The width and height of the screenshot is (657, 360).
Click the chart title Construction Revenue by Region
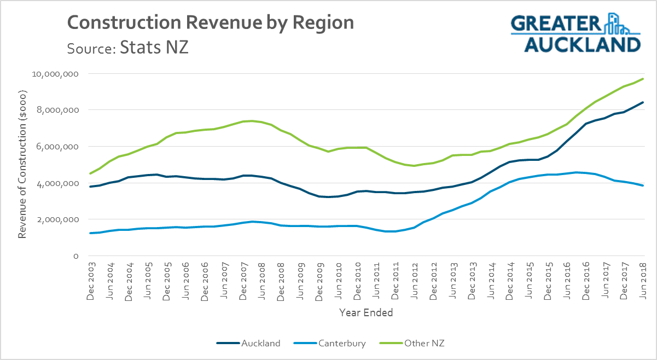pyautogui.click(x=210, y=23)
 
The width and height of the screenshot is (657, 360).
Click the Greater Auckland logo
pyautogui.click(x=575, y=33)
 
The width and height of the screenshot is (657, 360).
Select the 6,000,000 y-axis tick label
pyautogui.click(x=56, y=147)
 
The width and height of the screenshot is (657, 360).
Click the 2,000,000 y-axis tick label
pyautogui.click(x=56, y=219)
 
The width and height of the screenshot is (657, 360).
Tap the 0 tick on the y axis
pyautogui.click(x=76, y=256)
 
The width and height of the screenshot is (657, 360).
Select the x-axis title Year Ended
pyautogui.click(x=366, y=313)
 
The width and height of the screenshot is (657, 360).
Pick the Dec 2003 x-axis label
pyautogui.click(x=91, y=282)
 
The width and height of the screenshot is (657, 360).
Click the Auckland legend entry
pyautogui.click(x=249, y=344)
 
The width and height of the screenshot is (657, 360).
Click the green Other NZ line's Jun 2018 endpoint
pyautogui.click(x=643, y=79)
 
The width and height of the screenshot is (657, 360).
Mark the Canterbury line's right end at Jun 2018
pyautogui.click(x=643, y=185)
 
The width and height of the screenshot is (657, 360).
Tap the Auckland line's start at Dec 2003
pyautogui.click(x=90, y=187)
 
